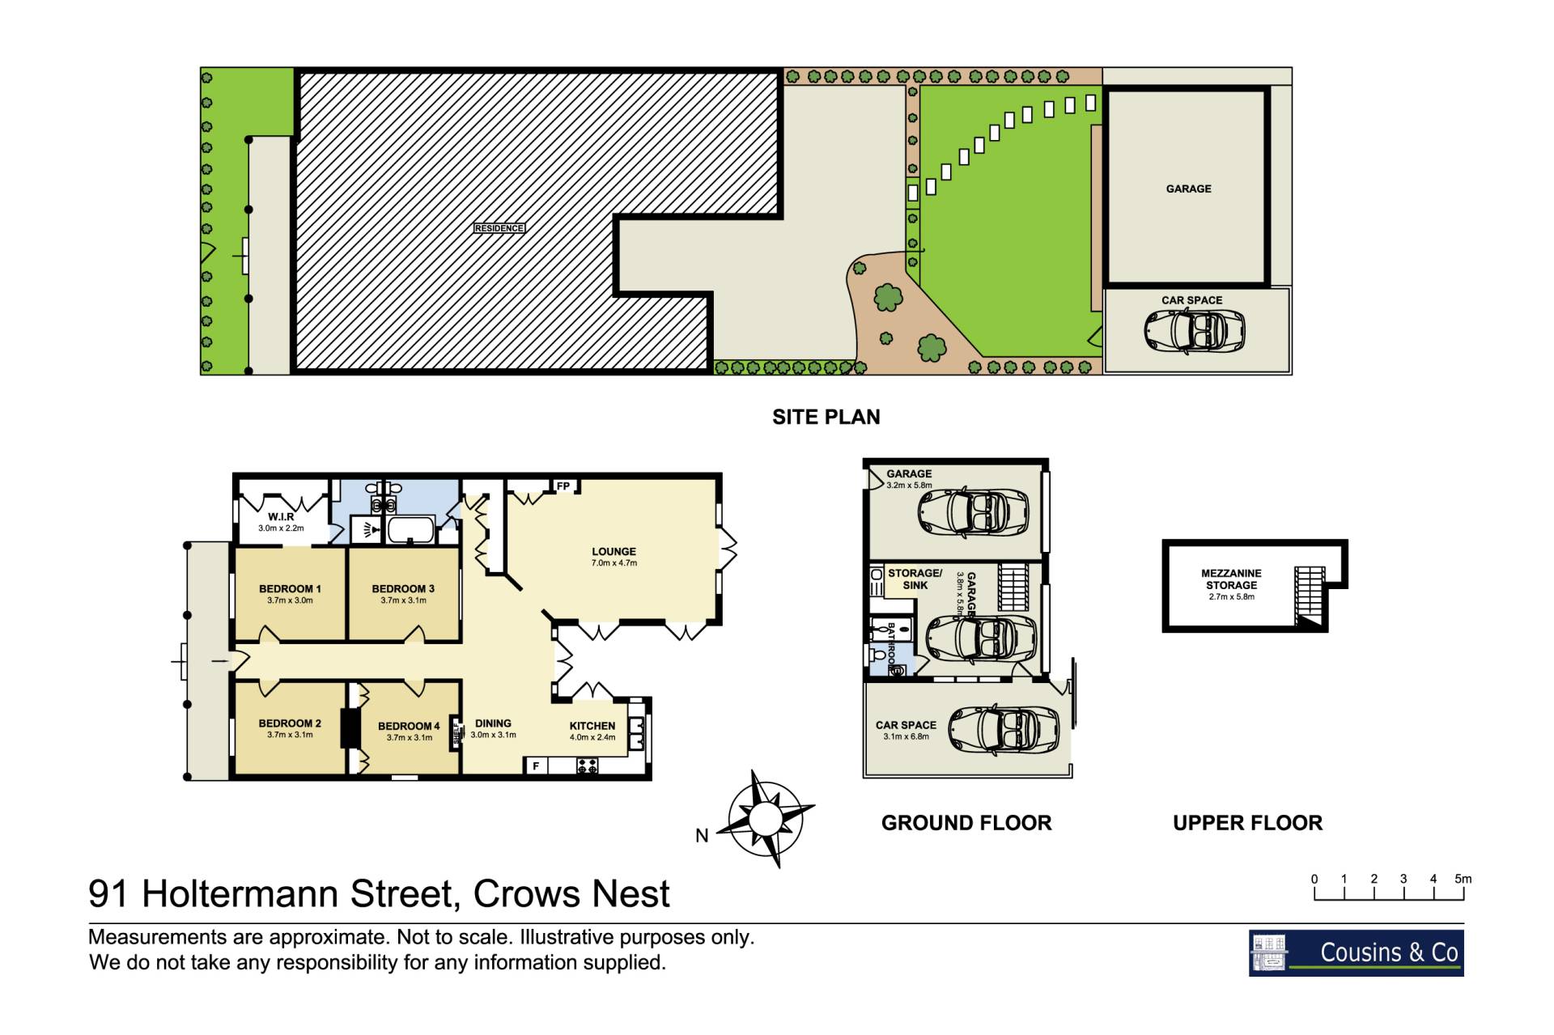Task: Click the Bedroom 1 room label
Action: tap(290, 594)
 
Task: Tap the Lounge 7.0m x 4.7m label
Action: tap(614, 557)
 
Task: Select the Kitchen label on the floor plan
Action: tap(592, 731)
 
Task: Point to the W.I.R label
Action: tap(281, 522)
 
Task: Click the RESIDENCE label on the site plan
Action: tap(499, 228)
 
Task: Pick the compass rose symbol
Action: tap(765, 819)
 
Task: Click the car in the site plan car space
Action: tap(1195, 331)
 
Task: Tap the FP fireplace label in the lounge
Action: tap(563, 486)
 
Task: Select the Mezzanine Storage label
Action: tap(1231, 584)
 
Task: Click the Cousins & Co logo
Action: tap(1356, 952)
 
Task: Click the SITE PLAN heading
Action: tap(826, 417)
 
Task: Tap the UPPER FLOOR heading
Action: tap(1247, 823)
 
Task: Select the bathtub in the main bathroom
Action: tap(412, 531)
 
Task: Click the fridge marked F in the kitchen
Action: tap(536, 766)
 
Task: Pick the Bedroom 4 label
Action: tap(409, 731)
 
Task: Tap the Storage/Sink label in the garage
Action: tap(915, 579)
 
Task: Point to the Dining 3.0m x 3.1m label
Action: tap(493, 728)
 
